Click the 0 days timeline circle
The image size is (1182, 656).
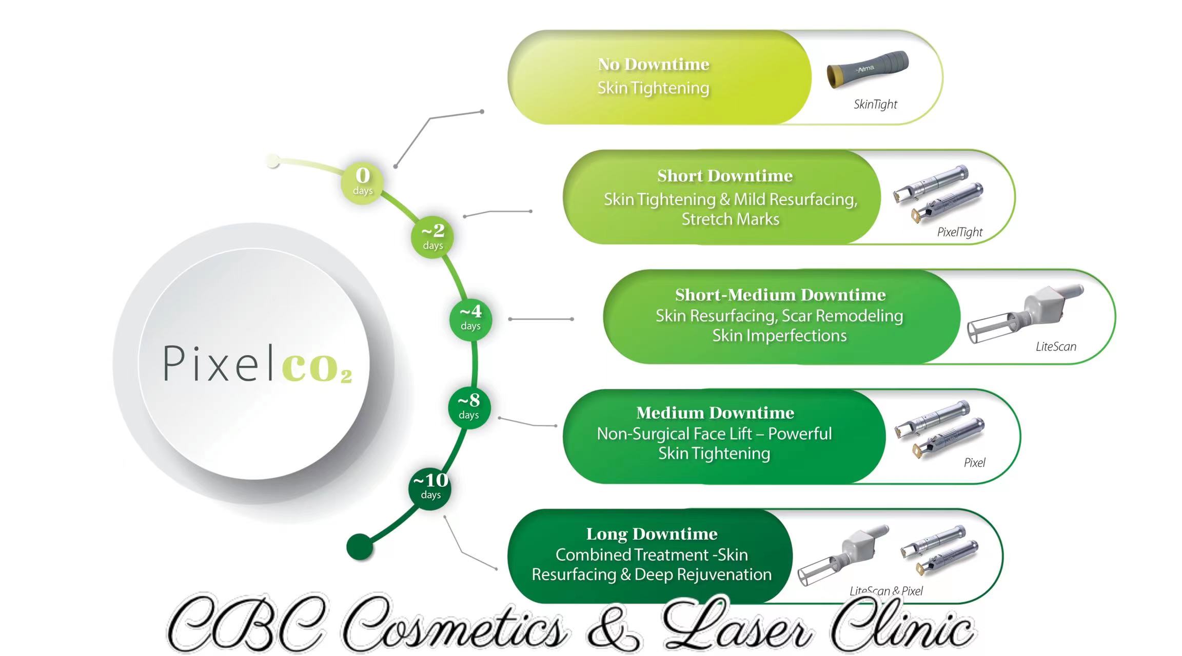pyautogui.click(x=362, y=182)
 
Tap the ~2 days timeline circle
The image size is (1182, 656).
pyautogui.click(x=432, y=236)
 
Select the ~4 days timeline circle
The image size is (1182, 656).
pyautogui.click(x=470, y=319)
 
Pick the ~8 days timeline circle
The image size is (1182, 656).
pyautogui.click(x=469, y=408)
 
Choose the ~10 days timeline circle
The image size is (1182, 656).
pyautogui.click(x=430, y=488)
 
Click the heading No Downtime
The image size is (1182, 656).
pyautogui.click(x=654, y=64)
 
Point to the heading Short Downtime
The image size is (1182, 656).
pyautogui.click(x=725, y=176)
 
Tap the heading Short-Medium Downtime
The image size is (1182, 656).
pyautogui.click(x=780, y=295)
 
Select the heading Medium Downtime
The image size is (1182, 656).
pyautogui.click(x=715, y=413)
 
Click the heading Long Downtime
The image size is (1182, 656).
pyautogui.click(x=652, y=534)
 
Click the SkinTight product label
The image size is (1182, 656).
pyautogui.click(x=875, y=105)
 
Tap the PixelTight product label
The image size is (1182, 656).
pyautogui.click(x=960, y=232)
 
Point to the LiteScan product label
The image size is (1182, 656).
pyautogui.click(x=1056, y=346)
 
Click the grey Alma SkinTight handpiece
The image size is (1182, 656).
pyautogui.click(x=868, y=69)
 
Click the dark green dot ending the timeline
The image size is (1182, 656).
pyautogui.click(x=360, y=547)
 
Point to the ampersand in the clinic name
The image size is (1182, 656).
pyautogui.click(x=613, y=624)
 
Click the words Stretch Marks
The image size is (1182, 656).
pyautogui.click(x=731, y=219)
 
